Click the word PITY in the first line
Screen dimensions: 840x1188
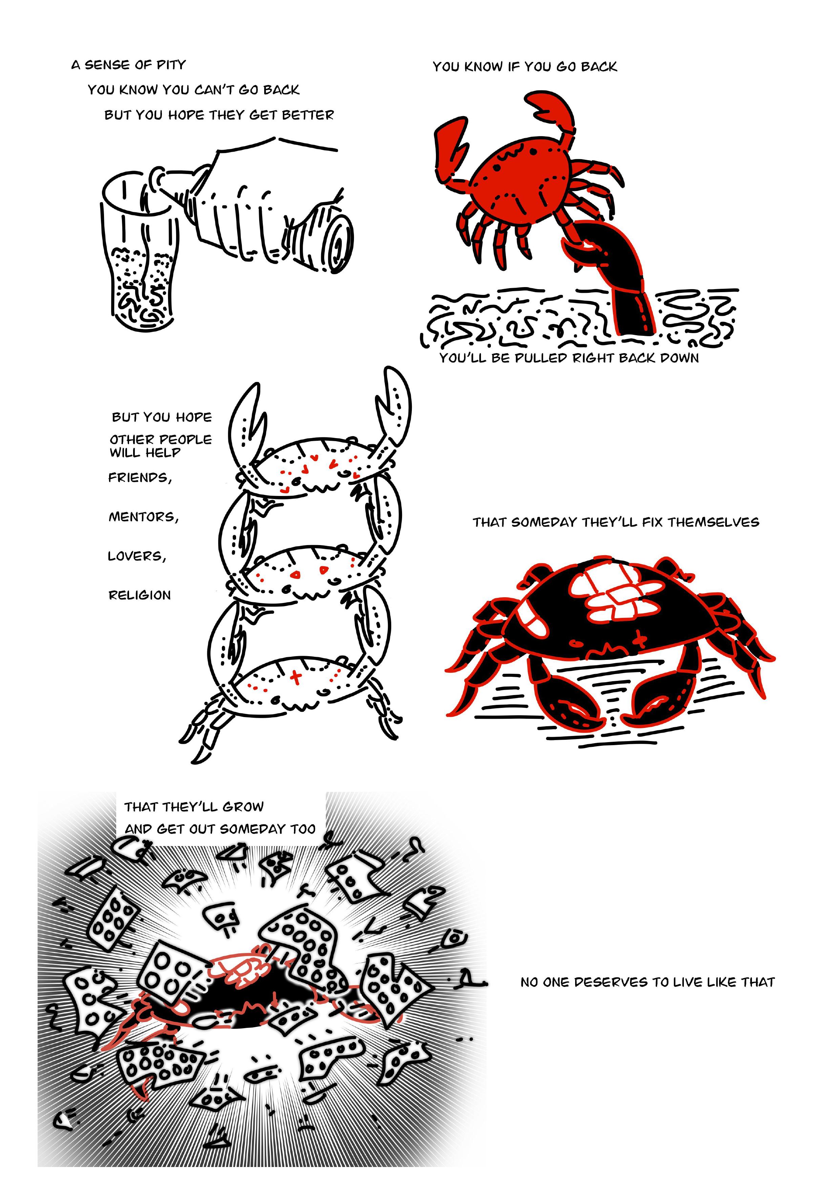(x=171, y=65)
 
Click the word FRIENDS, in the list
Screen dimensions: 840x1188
(x=140, y=478)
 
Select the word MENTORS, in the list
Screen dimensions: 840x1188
(x=143, y=517)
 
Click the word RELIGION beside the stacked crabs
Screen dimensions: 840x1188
(x=139, y=595)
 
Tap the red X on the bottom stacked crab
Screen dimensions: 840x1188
(x=296, y=676)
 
